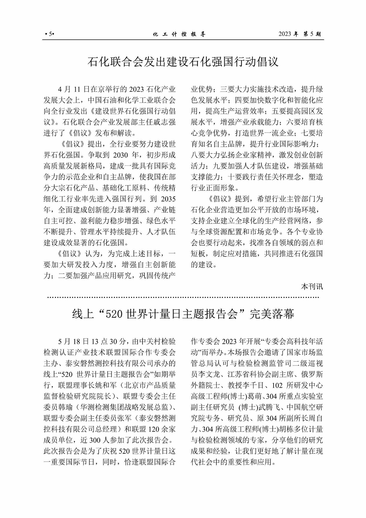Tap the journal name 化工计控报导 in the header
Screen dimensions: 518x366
click(x=179, y=35)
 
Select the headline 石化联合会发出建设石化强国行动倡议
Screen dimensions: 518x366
click(x=183, y=62)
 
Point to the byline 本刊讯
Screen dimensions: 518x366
click(x=312, y=286)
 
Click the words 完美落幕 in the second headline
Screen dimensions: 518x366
click(x=272, y=314)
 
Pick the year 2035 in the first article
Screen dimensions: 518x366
click(x=168, y=199)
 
